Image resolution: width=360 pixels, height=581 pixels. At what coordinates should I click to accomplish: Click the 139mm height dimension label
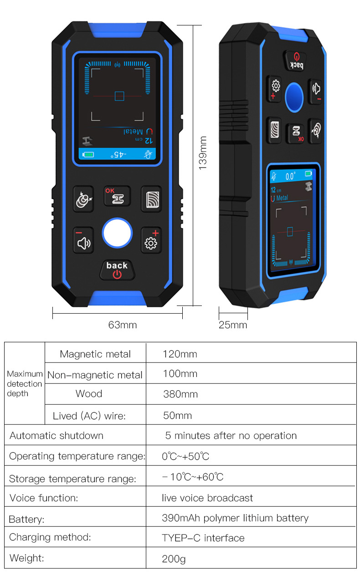[203, 153]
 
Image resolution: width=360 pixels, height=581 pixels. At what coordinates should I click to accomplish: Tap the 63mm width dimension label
[122, 325]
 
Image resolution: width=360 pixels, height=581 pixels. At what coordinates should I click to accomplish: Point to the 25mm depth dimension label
[232, 325]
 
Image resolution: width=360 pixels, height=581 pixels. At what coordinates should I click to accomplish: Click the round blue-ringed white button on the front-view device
[117, 234]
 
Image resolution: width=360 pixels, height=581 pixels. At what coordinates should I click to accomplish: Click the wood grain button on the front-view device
[151, 199]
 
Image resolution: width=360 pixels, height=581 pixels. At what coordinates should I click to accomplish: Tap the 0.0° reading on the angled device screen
[290, 176]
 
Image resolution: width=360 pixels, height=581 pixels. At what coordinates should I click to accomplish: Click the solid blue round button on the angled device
[294, 97]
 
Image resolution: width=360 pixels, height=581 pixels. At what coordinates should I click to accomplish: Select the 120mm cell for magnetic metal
[180, 354]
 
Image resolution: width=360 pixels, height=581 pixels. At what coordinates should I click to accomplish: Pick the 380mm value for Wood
[180, 394]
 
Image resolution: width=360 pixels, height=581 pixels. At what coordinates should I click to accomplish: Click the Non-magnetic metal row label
[95, 375]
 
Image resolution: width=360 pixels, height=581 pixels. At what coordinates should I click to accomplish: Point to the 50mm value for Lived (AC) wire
[177, 415]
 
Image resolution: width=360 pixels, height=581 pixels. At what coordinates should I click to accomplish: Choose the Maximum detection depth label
[25, 383]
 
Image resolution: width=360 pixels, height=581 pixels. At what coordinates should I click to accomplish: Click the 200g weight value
[174, 558]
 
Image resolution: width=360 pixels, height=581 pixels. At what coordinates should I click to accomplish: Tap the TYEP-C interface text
[203, 538]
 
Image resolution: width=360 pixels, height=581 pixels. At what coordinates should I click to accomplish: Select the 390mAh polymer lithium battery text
[235, 518]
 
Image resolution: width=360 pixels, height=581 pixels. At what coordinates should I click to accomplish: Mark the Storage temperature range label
[72, 479]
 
